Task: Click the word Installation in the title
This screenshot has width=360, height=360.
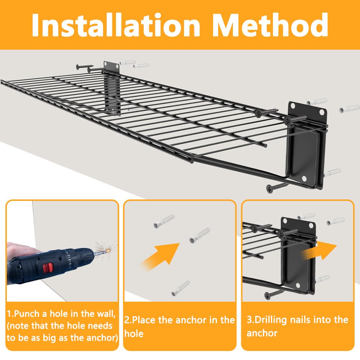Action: pyautogui.click(x=116, y=25)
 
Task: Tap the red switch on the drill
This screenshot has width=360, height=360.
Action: pyautogui.click(x=48, y=268)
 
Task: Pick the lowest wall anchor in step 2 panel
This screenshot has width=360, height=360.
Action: pyautogui.click(x=180, y=288)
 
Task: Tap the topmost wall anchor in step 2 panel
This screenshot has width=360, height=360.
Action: pyautogui.click(x=164, y=221)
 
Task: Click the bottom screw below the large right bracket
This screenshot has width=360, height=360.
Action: pyautogui.click(x=276, y=188)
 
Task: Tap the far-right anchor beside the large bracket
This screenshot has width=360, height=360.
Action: pyautogui.click(x=349, y=109)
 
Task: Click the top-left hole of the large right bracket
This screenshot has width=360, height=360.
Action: pyautogui.click(x=293, y=106)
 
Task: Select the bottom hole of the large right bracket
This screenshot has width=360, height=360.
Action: pyautogui.click(x=304, y=178)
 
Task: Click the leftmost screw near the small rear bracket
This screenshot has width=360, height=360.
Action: pyautogui.click(x=85, y=67)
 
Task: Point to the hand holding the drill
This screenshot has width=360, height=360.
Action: pyautogui.click(x=18, y=251)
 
